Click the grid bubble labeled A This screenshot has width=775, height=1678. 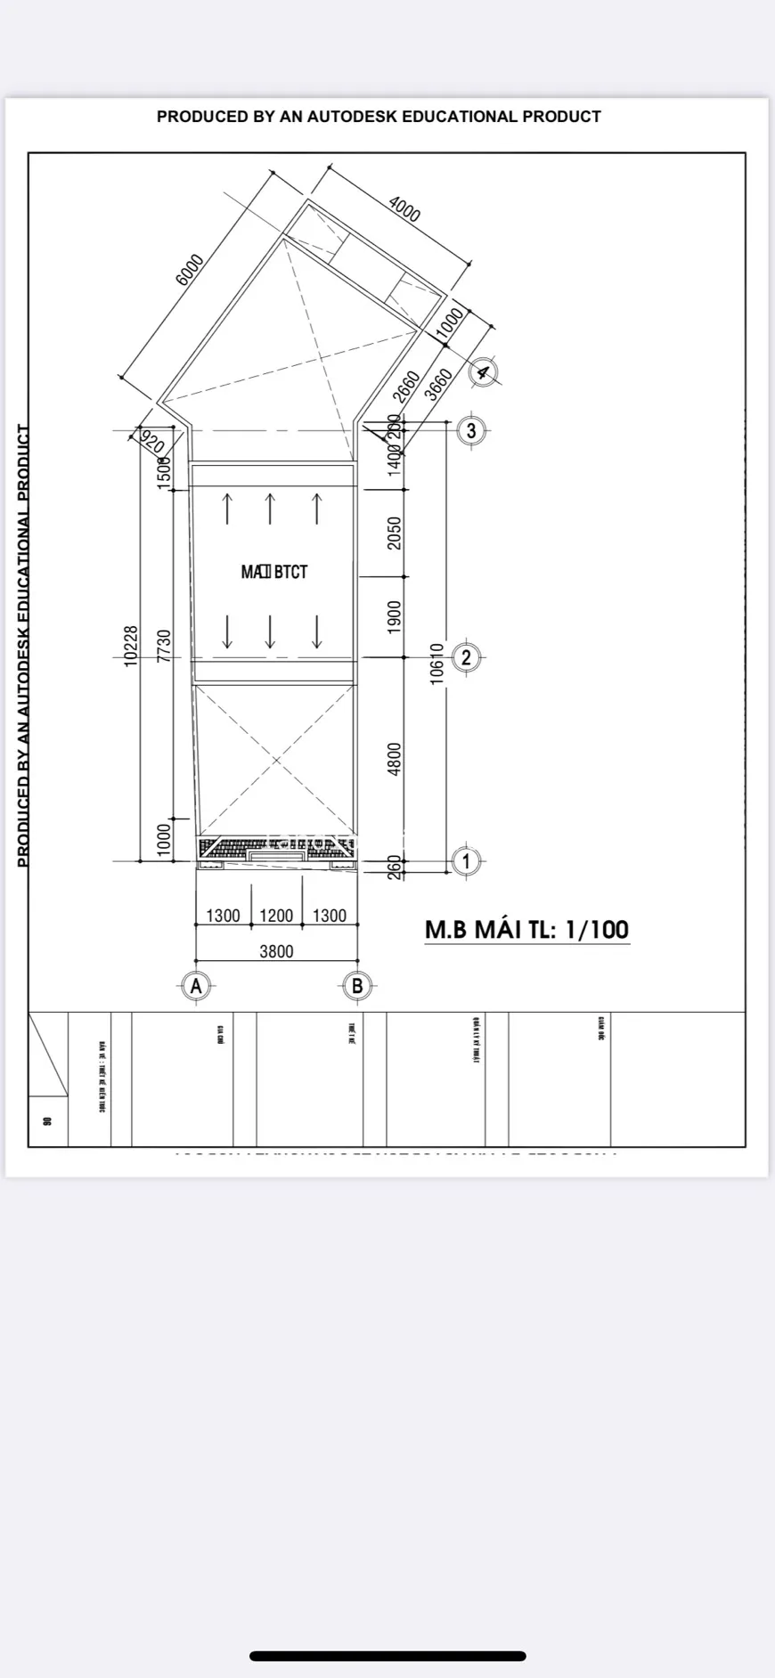coord(196,986)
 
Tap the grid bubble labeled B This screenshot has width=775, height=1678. coord(357,986)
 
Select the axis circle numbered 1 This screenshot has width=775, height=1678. coord(466,861)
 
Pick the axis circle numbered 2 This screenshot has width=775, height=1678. coord(466,658)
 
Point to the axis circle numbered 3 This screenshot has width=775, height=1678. coord(471,431)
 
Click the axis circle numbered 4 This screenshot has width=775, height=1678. coord(483,371)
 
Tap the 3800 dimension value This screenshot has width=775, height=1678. coord(276,951)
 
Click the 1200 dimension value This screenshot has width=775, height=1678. coord(276,916)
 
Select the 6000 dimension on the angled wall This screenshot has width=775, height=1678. coord(190,270)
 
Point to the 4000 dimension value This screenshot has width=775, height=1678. coord(404,208)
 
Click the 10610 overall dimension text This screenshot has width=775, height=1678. coord(436,663)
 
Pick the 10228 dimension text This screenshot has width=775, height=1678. coord(131,646)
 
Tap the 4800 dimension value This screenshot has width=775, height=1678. coord(396,759)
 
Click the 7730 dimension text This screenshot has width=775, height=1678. coord(163,646)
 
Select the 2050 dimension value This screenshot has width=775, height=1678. coord(396,533)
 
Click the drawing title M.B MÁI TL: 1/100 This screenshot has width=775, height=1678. coord(526,929)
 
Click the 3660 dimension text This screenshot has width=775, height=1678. coord(440,384)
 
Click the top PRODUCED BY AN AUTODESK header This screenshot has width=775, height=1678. coord(379,117)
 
